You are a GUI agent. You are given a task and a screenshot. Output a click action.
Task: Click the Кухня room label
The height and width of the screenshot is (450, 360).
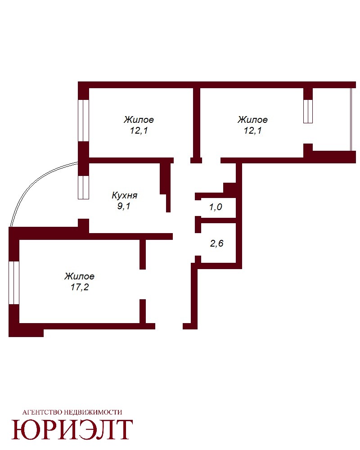tap(124, 195)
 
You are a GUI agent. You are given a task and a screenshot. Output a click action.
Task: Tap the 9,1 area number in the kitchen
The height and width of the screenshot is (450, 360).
tap(124, 206)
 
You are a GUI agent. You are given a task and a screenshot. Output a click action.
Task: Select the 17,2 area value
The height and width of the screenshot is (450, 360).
tap(80, 287)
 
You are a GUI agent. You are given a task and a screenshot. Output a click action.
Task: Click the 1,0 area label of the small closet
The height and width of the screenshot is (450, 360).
tap(216, 207)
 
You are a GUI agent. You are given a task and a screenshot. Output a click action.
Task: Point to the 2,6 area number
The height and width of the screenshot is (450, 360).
tap(217, 243)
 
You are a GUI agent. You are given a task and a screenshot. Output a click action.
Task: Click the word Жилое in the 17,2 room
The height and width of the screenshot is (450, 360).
tap(80, 276)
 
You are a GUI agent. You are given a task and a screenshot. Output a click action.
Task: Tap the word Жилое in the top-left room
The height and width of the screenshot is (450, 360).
tap(139, 119)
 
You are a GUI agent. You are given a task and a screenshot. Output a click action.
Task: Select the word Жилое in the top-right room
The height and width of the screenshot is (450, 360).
tap(252, 119)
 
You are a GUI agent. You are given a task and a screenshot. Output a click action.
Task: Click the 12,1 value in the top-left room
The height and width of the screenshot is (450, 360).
tap(139, 130)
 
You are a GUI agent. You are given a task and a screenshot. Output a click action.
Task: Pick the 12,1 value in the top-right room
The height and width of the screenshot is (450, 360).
tap(252, 130)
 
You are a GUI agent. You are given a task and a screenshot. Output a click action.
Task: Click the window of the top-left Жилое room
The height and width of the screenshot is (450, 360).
tap(84, 121)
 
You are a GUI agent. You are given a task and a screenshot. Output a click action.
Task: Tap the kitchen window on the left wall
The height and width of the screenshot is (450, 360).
tap(84, 187)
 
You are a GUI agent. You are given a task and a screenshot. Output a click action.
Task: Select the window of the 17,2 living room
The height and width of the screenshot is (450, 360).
tap(14, 283)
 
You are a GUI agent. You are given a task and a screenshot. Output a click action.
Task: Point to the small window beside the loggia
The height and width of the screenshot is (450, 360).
tap(308, 111)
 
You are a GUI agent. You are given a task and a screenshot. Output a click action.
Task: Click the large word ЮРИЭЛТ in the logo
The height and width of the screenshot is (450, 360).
tap(72, 429)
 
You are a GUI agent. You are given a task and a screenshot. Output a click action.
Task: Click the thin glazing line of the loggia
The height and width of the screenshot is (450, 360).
tap(351, 119)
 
